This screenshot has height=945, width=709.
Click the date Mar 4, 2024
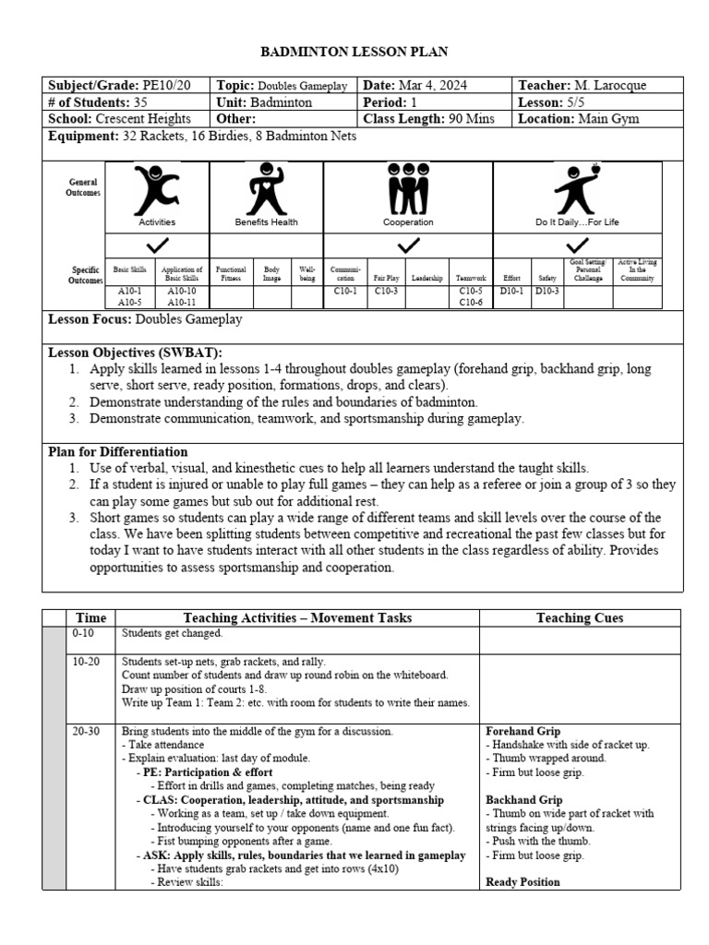point(435,86)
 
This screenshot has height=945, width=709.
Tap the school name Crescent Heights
point(142,119)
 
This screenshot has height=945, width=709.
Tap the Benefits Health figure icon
point(266,189)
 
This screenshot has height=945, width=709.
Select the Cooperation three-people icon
point(407,190)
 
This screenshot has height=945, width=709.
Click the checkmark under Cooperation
point(408,245)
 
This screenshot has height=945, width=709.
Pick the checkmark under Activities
point(157,245)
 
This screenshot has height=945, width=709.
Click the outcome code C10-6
point(472,302)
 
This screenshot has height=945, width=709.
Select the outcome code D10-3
point(547,292)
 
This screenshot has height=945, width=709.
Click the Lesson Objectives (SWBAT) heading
point(135,353)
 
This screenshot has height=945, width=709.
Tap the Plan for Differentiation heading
point(117,452)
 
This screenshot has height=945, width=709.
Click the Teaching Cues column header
point(580,618)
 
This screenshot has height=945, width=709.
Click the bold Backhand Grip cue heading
point(523,799)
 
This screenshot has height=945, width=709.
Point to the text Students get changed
point(171,634)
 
